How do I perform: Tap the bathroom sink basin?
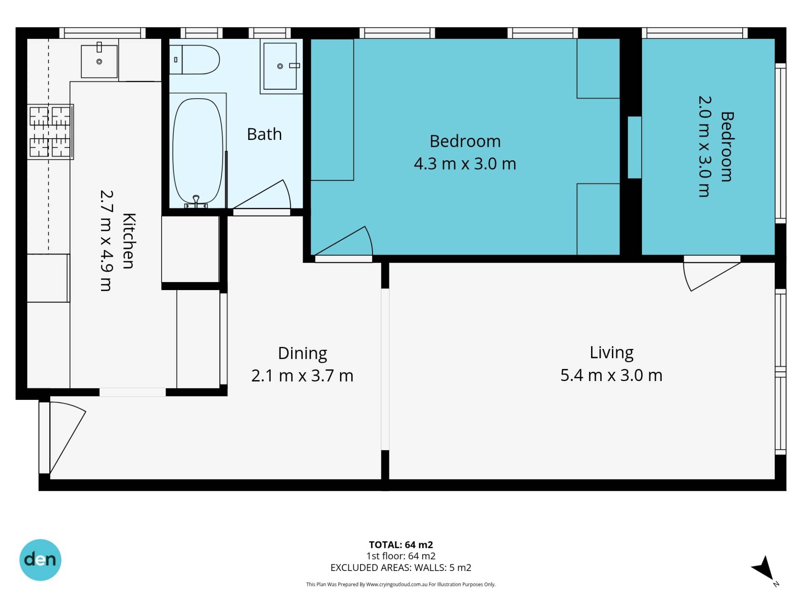click(x=280, y=66)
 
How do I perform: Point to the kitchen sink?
click(x=99, y=61)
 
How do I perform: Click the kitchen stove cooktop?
click(x=51, y=131)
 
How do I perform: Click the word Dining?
click(x=302, y=354)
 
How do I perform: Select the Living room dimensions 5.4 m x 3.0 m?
click(x=611, y=375)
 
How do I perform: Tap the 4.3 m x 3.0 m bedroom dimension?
click(x=465, y=164)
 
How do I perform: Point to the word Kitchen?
click(x=129, y=241)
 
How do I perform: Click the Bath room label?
click(x=264, y=134)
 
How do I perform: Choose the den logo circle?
click(x=41, y=560)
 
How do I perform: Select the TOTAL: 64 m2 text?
click(x=401, y=545)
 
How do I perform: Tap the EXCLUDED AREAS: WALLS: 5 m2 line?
click(x=401, y=568)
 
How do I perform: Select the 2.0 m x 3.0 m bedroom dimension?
click(x=704, y=146)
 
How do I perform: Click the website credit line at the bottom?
click(x=401, y=584)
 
